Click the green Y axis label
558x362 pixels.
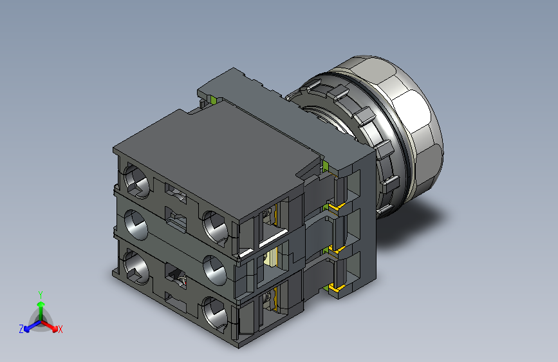(x=41, y=294)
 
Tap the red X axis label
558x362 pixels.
(x=60, y=329)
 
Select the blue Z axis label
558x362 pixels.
(x=21, y=329)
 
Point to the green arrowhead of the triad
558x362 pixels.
(x=41, y=304)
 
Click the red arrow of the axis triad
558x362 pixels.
(x=49, y=326)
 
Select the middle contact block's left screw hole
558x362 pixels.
(x=136, y=224)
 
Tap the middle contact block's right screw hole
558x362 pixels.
(x=214, y=270)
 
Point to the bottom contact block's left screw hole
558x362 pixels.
(x=136, y=267)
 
